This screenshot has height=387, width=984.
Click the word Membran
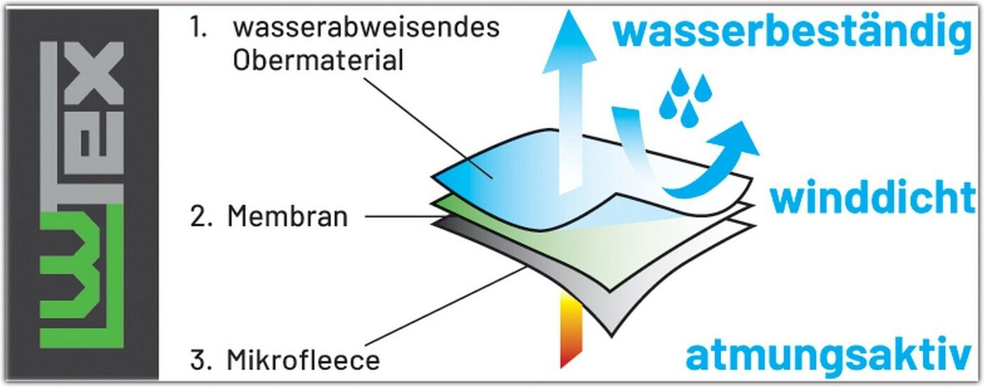(x=287, y=217)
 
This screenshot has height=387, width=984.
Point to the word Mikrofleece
(x=303, y=360)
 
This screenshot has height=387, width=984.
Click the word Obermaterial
(x=318, y=61)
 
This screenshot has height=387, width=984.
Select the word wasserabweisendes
(x=366, y=28)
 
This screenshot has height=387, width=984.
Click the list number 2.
(x=199, y=217)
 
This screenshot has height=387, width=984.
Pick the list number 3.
(x=199, y=360)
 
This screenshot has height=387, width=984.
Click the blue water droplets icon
(x=684, y=95)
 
